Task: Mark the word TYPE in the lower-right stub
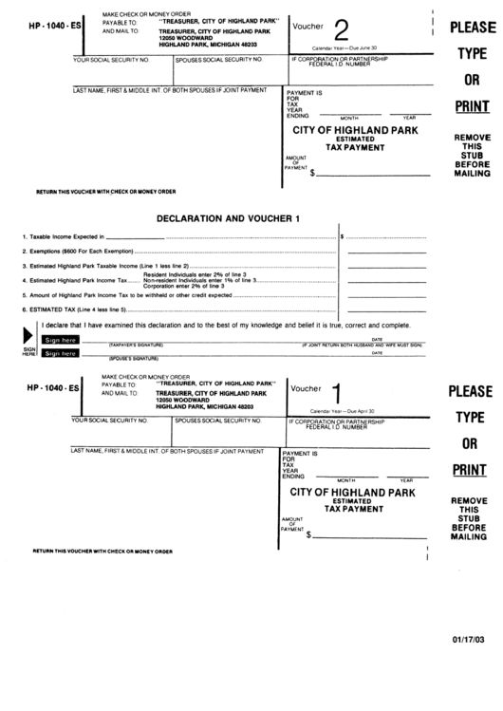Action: pyautogui.click(x=471, y=417)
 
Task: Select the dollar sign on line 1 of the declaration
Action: pyautogui.click(x=343, y=235)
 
